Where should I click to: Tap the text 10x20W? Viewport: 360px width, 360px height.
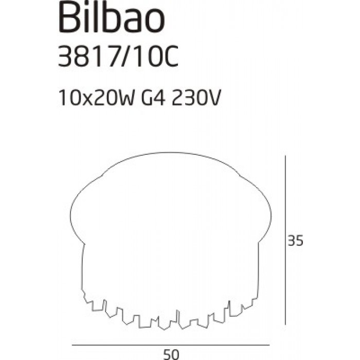point(97,98)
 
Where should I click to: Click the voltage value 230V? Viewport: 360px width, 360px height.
point(196,98)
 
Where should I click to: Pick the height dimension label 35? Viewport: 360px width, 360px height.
point(296,241)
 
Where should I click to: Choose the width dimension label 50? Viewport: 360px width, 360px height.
point(171,355)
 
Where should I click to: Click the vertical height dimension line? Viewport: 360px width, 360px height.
point(285,240)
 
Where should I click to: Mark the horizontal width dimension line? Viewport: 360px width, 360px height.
point(171,345)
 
